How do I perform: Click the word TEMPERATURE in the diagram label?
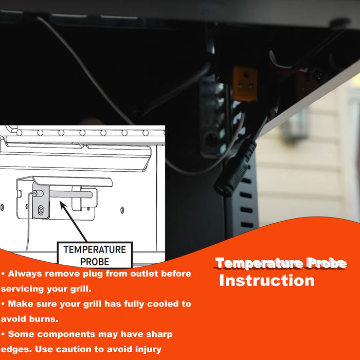95,249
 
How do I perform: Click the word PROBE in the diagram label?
95,262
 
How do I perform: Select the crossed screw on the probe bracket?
41,210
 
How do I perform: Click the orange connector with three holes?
245,84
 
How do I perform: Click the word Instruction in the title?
267,281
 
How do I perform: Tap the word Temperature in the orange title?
259,263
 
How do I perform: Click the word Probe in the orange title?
327,263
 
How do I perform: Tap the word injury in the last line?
148,350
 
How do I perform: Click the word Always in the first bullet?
25,274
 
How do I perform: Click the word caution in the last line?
74,349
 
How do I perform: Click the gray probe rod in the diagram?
71,194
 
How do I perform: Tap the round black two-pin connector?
318,75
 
